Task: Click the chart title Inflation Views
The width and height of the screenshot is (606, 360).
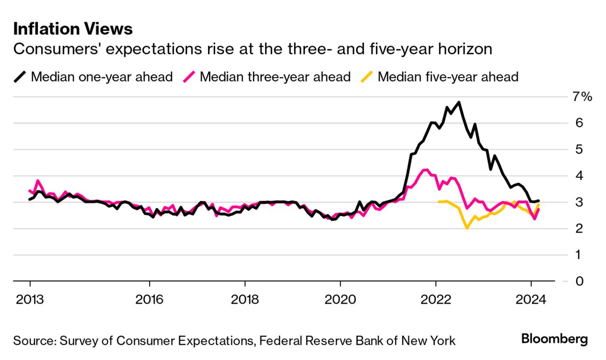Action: tap(73, 29)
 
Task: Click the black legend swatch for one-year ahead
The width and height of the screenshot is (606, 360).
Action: tap(20, 76)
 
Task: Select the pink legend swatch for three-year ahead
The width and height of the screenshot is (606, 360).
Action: tap(189, 76)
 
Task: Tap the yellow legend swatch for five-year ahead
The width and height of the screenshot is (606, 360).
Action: tap(367, 76)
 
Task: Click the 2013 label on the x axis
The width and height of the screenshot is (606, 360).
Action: tap(30, 299)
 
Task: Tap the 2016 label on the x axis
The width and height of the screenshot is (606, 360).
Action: tap(150, 299)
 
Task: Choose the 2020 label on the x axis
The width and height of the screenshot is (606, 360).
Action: tap(341, 299)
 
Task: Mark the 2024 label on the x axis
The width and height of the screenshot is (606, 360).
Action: tap(531, 299)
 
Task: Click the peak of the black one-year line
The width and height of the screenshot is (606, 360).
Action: tap(459, 102)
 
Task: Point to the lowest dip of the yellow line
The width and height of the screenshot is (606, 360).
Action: tap(467, 228)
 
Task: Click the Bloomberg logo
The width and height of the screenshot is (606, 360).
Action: tap(554, 339)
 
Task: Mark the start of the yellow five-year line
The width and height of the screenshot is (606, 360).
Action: tap(439, 202)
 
